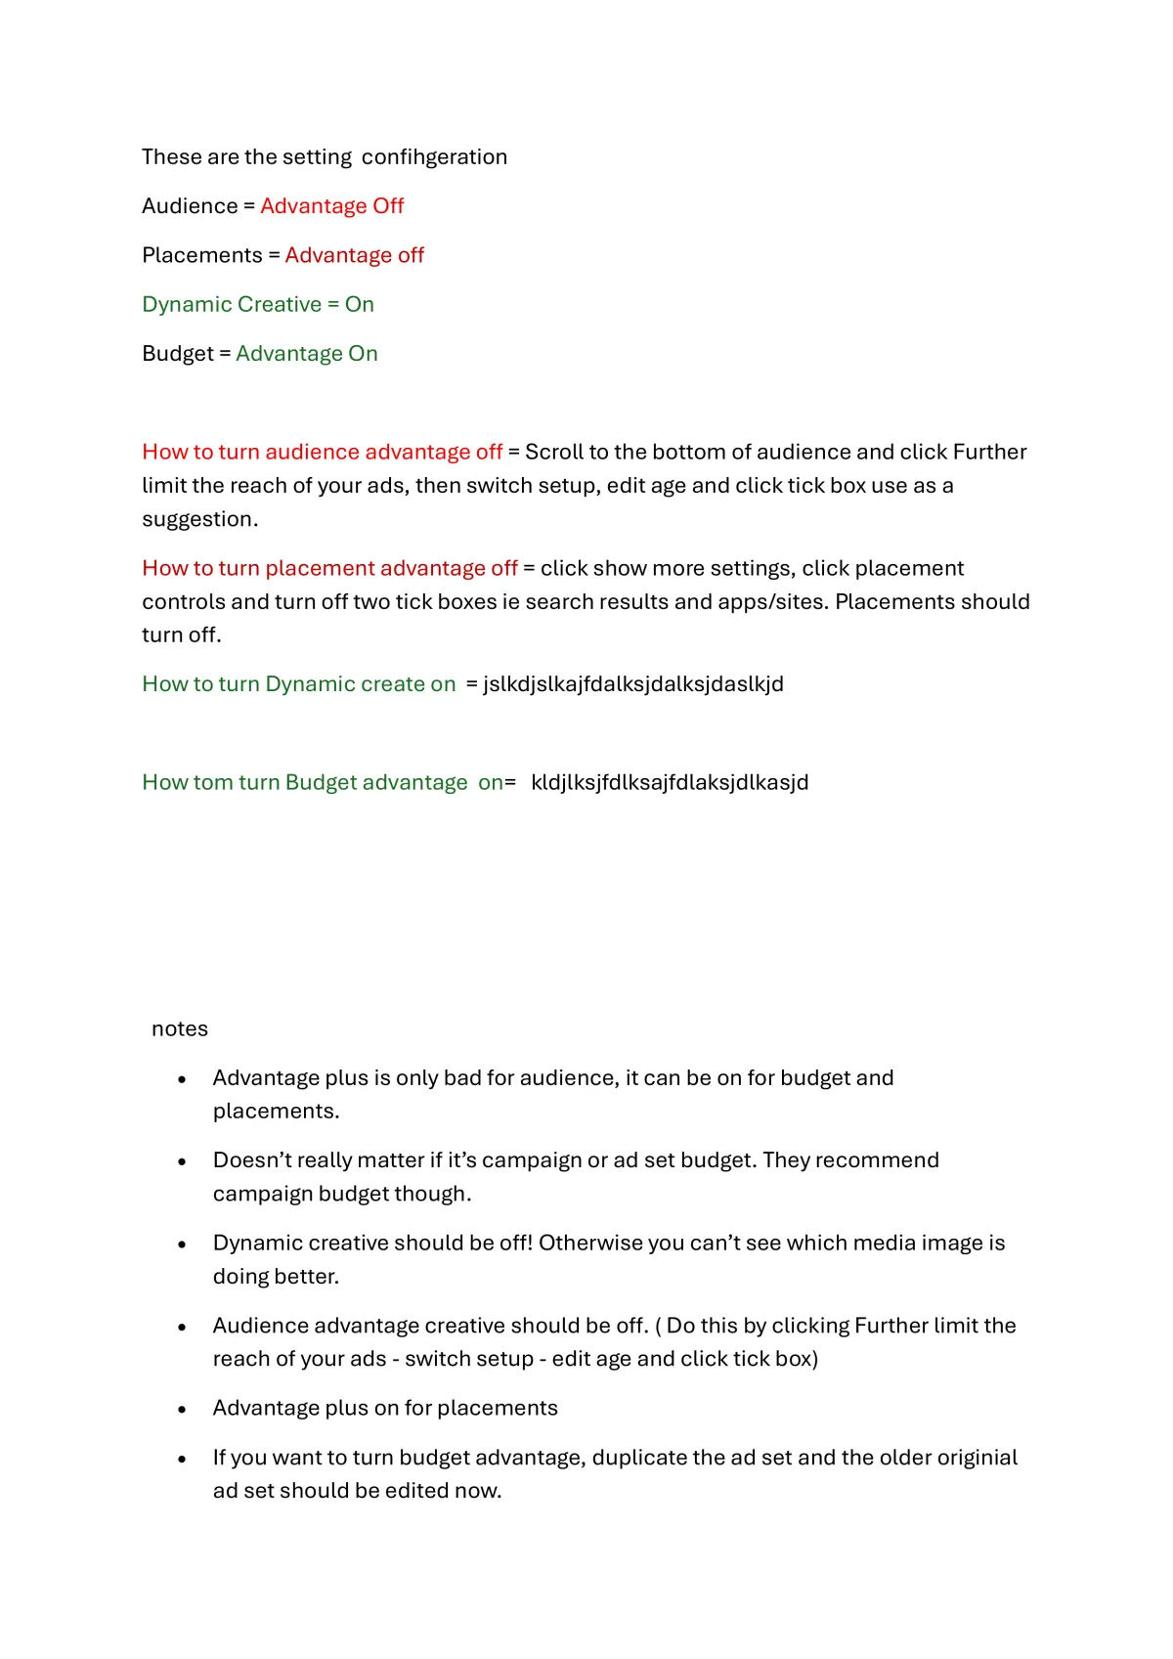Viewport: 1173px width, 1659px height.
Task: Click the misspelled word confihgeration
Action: [x=434, y=157]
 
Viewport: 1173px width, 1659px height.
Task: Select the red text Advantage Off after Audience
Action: [x=331, y=206]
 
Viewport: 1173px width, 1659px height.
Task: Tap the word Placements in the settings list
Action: [x=202, y=255]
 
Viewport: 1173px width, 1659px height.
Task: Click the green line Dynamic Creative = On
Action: [x=258, y=304]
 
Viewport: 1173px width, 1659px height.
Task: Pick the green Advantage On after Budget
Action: [x=306, y=354]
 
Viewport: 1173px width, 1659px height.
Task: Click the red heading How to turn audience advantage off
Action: [x=322, y=452]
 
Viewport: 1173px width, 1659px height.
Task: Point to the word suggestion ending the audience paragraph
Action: [x=198, y=519]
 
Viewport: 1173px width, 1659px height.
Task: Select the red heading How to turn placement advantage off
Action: [x=329, y=568]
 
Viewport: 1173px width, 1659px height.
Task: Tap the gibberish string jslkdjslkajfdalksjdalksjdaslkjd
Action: [x=633, y=684]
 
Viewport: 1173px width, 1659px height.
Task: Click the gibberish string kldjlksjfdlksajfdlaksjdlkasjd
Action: [x=670, y=782]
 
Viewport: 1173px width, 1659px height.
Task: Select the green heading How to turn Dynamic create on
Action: [x=298, y=684]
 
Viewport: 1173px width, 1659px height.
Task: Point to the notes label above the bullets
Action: [x=180, y=1028]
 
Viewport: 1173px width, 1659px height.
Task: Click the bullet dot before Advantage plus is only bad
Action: [x=182, y=1079]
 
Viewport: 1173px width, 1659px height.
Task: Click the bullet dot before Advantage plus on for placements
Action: [x=182, y=1410]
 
